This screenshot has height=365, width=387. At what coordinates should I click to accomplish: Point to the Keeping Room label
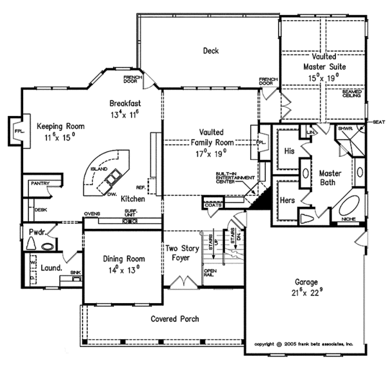(57, 126)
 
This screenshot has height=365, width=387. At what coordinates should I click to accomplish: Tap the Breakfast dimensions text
(125, 114)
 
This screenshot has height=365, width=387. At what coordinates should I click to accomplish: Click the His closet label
(289, 152)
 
